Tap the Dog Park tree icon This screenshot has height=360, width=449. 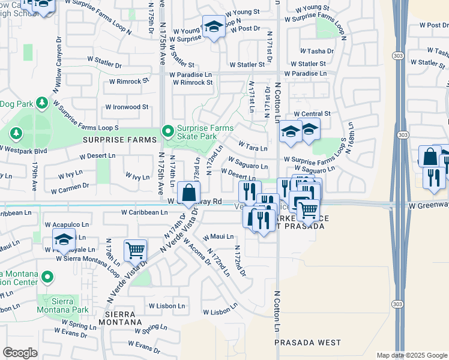41,104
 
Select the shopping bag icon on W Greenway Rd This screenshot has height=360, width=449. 188,193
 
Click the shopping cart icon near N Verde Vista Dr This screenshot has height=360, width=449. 135,250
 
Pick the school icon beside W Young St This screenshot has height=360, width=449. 213,27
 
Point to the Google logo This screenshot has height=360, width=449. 20,352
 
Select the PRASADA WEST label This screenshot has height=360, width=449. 307,343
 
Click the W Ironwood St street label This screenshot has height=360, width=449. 127,107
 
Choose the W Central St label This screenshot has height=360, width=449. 312,113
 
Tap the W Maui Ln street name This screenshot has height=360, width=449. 218,236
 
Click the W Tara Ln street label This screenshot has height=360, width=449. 253,146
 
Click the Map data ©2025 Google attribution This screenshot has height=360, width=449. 411,355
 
